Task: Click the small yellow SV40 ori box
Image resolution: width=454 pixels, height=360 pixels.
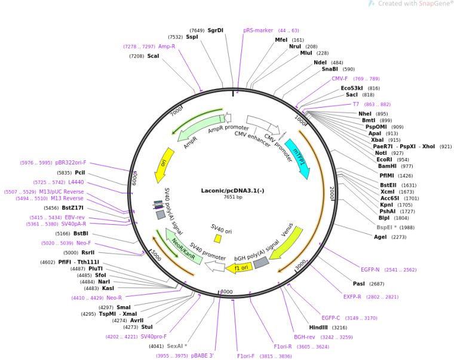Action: (x=218, y=239)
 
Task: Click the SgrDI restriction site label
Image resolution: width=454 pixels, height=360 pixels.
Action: (x=215, y=30)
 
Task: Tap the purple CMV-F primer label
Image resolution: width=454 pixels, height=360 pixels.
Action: (x=339, y=78)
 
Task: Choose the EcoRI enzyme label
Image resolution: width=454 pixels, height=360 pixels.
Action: (x=384, y=160)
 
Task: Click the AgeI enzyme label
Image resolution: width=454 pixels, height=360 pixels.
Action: (x=380, y=237)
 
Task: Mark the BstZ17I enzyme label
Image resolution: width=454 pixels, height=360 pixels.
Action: (x=73, y=208)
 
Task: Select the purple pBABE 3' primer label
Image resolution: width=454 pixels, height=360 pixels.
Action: (x=203, y=356)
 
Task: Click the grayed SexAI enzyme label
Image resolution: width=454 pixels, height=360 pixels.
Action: (x=177, y=346)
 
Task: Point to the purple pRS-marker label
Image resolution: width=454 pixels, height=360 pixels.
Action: (x=257, y=30)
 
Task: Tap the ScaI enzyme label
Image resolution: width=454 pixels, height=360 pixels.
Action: (x=153, y=56)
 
